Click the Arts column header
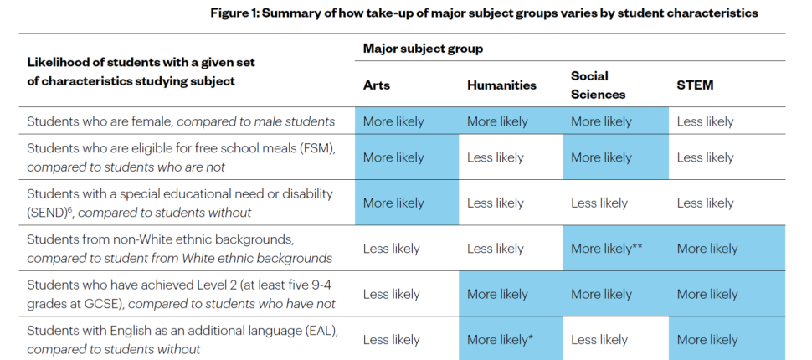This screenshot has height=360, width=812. click(377, 85)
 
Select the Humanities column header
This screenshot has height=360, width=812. click(501, 85)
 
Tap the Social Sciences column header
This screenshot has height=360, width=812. click(599, 85)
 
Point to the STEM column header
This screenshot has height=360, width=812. click(695, 85)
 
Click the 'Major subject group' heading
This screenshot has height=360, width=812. click(423, 49)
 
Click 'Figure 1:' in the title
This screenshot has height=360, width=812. click(234, 13)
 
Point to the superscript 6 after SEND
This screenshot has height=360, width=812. click(69, 208)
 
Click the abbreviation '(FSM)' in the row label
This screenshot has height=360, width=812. click(318, 149)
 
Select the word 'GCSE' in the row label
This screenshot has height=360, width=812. click(98, 304)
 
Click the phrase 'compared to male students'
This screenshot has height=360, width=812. click(256, 122)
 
